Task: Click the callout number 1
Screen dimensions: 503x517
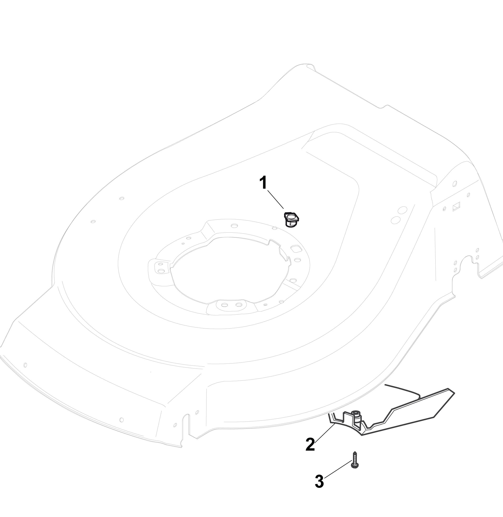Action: click(x=263, y=183)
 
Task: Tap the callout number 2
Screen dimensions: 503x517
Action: click(x=310, y=444)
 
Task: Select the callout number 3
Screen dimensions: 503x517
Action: click(x=319, y=481)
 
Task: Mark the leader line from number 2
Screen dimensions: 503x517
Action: click(x=325, y=433)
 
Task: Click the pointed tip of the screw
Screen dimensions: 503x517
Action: click(x=355, y=452)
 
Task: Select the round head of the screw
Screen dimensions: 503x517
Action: click(x=355, y=466)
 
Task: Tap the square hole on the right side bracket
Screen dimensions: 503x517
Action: click(x=456, y=206)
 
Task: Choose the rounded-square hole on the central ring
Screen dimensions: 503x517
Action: click(x=295, y=248)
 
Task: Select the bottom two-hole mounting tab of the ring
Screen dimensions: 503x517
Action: click(x=231, y=305)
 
